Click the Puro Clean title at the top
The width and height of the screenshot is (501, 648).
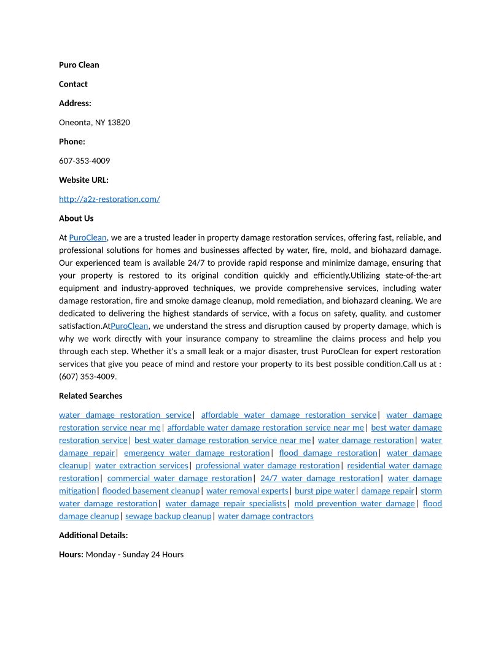point(79,65)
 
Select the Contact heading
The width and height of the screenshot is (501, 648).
point(73,84)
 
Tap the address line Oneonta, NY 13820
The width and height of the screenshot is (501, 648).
point(94,123)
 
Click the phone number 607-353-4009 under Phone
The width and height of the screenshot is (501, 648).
point(84,161)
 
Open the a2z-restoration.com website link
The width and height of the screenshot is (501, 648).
point(109,199)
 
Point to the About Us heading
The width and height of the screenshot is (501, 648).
point(76,218)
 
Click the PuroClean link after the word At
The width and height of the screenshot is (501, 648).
point(88,237)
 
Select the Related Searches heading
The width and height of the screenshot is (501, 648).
point(90,396)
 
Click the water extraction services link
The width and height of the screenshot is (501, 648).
point(141,466)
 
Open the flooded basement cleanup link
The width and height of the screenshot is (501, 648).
point(151,491)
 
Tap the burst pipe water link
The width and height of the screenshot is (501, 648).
point(325,491)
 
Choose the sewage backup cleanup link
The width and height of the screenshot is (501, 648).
point(168,516)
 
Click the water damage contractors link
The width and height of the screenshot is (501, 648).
point(265,516)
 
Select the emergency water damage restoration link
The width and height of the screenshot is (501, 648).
point(196,453)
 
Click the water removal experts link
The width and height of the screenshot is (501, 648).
point(247,491)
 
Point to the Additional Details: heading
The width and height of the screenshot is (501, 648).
point(93,536)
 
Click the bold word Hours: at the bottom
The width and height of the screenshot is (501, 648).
point(71,555)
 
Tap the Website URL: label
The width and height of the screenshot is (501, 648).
point(83,180)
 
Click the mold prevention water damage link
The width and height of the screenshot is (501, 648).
point(354,504)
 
